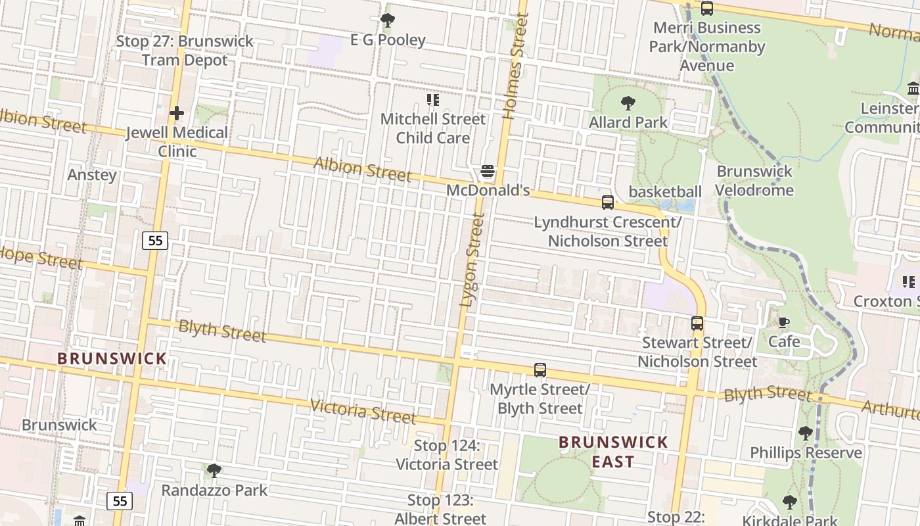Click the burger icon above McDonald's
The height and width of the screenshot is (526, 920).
tap(488, 172)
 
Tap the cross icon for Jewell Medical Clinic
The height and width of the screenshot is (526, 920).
tap(176, 114)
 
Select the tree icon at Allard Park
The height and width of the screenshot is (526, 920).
tap(628, 103)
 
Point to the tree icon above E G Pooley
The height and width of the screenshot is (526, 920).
tap(388, 20)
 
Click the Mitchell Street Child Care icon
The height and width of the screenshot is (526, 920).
tap(432, 100)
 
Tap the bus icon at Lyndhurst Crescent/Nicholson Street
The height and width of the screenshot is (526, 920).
tap(608, 203)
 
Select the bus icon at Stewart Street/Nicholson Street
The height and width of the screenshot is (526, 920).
tap(697, 323)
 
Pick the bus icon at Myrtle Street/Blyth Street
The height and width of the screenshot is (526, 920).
tap(540, 370)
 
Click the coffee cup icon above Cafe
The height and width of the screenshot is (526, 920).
tap(783, 322)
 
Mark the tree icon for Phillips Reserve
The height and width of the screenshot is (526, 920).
tap(806, 433)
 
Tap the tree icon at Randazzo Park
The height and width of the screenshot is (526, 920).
tap(214, 471)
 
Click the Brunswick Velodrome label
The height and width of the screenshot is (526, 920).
tap(754, 181)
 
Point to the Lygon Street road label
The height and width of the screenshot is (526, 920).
tap(472, 260)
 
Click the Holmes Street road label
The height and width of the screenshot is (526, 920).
tap(516, 66)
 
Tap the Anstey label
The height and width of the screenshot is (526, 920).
tap(92, 175)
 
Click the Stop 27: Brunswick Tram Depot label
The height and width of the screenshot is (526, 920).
tap(185, 51)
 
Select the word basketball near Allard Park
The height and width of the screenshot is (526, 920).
tap(665, 191)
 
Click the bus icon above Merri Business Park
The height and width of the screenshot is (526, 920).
tap(707, 9)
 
